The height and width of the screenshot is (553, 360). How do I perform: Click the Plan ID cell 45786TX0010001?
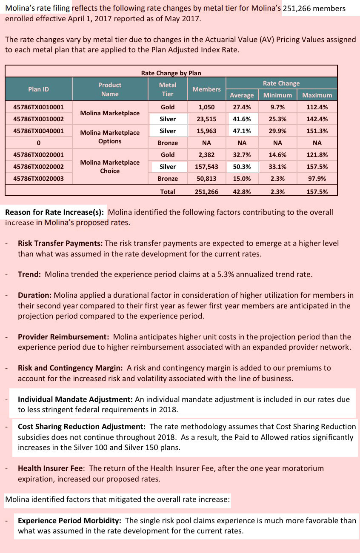(39, 107)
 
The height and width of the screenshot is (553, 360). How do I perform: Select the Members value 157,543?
(206, 167)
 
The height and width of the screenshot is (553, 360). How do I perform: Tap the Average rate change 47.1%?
(242, 131)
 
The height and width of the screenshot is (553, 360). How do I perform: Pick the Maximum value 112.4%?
(317, 107)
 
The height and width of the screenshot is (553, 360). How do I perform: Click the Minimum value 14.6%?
(277, 155)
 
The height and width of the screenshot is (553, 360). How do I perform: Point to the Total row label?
(168, 192)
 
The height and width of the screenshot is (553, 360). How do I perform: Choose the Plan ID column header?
(39, 89)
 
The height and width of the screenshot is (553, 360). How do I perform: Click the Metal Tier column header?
(168, 89)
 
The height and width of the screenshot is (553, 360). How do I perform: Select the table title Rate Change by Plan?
(171, 73)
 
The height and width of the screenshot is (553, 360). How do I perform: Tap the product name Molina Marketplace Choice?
(110, 167)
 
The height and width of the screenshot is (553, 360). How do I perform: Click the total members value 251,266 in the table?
(206, 192)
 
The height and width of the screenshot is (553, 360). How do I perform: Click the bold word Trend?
(29, 274)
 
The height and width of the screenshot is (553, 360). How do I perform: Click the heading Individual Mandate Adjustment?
(75, 399)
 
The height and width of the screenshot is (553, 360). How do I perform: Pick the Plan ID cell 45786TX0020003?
(39, 179)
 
